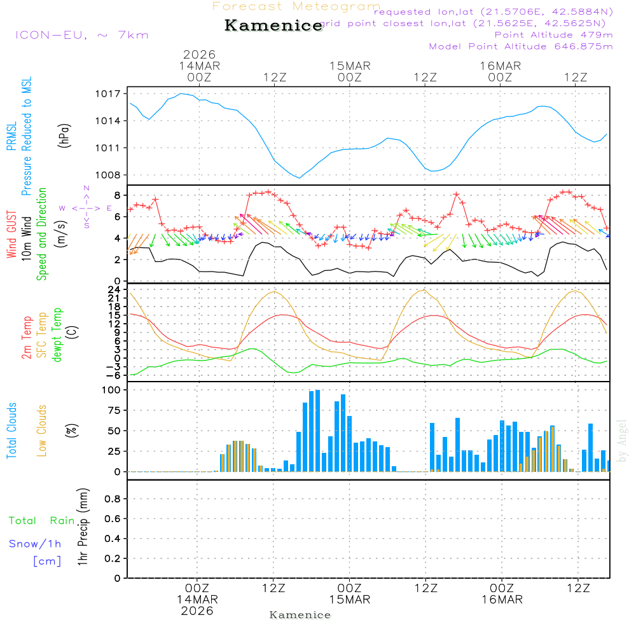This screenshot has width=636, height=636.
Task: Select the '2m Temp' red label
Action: point(27,338)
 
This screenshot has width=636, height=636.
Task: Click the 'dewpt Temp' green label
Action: point(58,335)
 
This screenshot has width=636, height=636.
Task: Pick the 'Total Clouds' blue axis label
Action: point(12,431)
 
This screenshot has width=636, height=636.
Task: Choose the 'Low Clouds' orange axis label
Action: point(42,430)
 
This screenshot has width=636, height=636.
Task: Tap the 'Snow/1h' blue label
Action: point(36,544)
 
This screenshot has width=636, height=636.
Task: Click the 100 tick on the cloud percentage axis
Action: point(111,390)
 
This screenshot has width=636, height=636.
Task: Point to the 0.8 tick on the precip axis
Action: point(113,499)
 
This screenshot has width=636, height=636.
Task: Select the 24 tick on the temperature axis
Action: point(114,289)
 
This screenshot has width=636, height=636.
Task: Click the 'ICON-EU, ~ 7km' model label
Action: point(81,35)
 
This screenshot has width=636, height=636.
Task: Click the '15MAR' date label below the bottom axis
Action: point(349,600)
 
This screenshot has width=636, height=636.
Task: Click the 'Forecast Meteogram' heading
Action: point(296,6)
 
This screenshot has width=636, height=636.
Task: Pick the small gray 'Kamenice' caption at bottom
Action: point(300,615)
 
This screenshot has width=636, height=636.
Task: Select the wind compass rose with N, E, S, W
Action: point(86,207)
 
